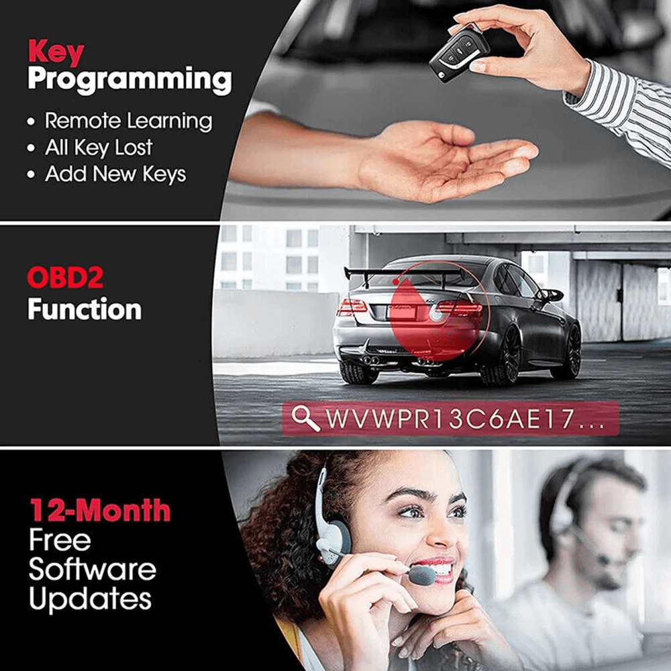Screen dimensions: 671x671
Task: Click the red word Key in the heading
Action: pyautogui.click(x=56, y=52)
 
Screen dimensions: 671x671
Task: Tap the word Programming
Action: pyautogui.click(x=130, y=81)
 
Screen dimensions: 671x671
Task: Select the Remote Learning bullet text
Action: pyautogui.click(x=128, y=121)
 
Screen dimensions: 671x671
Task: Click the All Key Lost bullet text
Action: pyautogui.click(x=99, y=148)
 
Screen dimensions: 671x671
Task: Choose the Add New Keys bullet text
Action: pyautogui.click(x=115, y=174)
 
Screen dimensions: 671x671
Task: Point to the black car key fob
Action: pyautogui.click(x=459, y=54)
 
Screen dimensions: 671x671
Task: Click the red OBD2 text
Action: pyautogui.click(x=65, y=278)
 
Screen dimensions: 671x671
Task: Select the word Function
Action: pyautogui.click(x=85, y=309)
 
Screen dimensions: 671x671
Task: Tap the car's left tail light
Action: pyautogui.click(x=352, y=307)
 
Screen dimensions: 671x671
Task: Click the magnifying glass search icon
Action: pyautogui.click(x=305, y=418)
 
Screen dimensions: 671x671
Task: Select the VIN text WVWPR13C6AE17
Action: pyautogui.click(x=450, y=419)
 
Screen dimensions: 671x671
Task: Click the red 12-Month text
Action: pyautogui.click(x=100, y=510)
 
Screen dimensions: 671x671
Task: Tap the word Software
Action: pyautogui.click(x=93, y=570)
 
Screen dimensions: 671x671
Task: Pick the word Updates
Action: pyautogui.click(x=91, y=599)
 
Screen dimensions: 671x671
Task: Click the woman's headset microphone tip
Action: pyautogui.click(x=422, y=576)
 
